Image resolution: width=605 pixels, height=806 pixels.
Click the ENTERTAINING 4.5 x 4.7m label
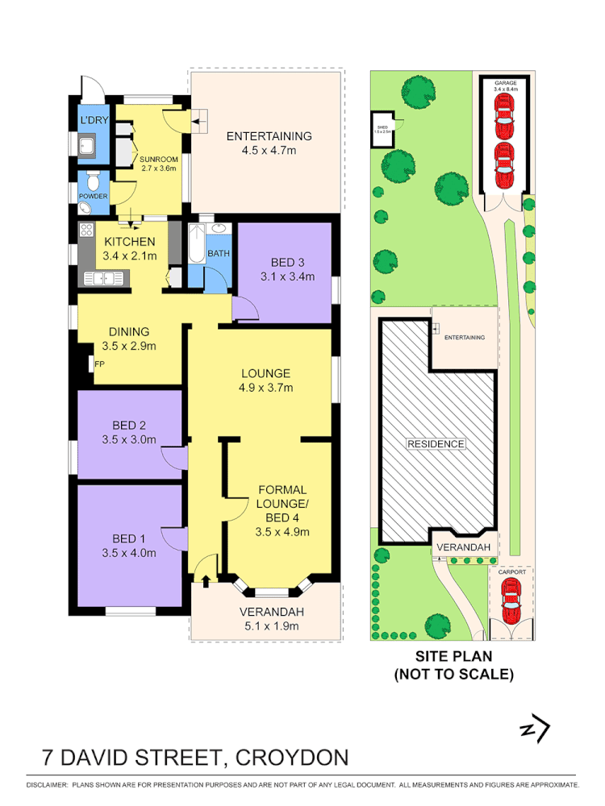[x=269, y=143]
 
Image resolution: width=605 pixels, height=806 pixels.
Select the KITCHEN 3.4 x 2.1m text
[x=129, y=249]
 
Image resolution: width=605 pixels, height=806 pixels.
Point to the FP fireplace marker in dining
[x=100, y=364]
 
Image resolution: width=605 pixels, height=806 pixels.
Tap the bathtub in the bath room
[x=196, y=251]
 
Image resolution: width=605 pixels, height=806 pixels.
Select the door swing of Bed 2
[x=173, y=456]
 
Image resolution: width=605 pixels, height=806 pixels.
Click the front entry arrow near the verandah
[x=205, y=578]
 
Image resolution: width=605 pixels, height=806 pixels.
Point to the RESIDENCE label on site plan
[x=436, y=443]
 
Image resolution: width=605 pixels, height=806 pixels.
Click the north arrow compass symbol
[x=535, y=729]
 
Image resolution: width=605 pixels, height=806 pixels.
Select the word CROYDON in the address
[x=298, y=758]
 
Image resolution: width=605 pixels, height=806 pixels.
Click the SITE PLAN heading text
[x=453, y=657]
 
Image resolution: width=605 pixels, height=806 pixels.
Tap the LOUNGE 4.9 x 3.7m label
[x=265, y=380]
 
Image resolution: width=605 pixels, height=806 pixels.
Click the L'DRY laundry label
[x=90, y=121]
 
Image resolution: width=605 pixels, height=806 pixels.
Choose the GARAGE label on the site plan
[x=505, y=83]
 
